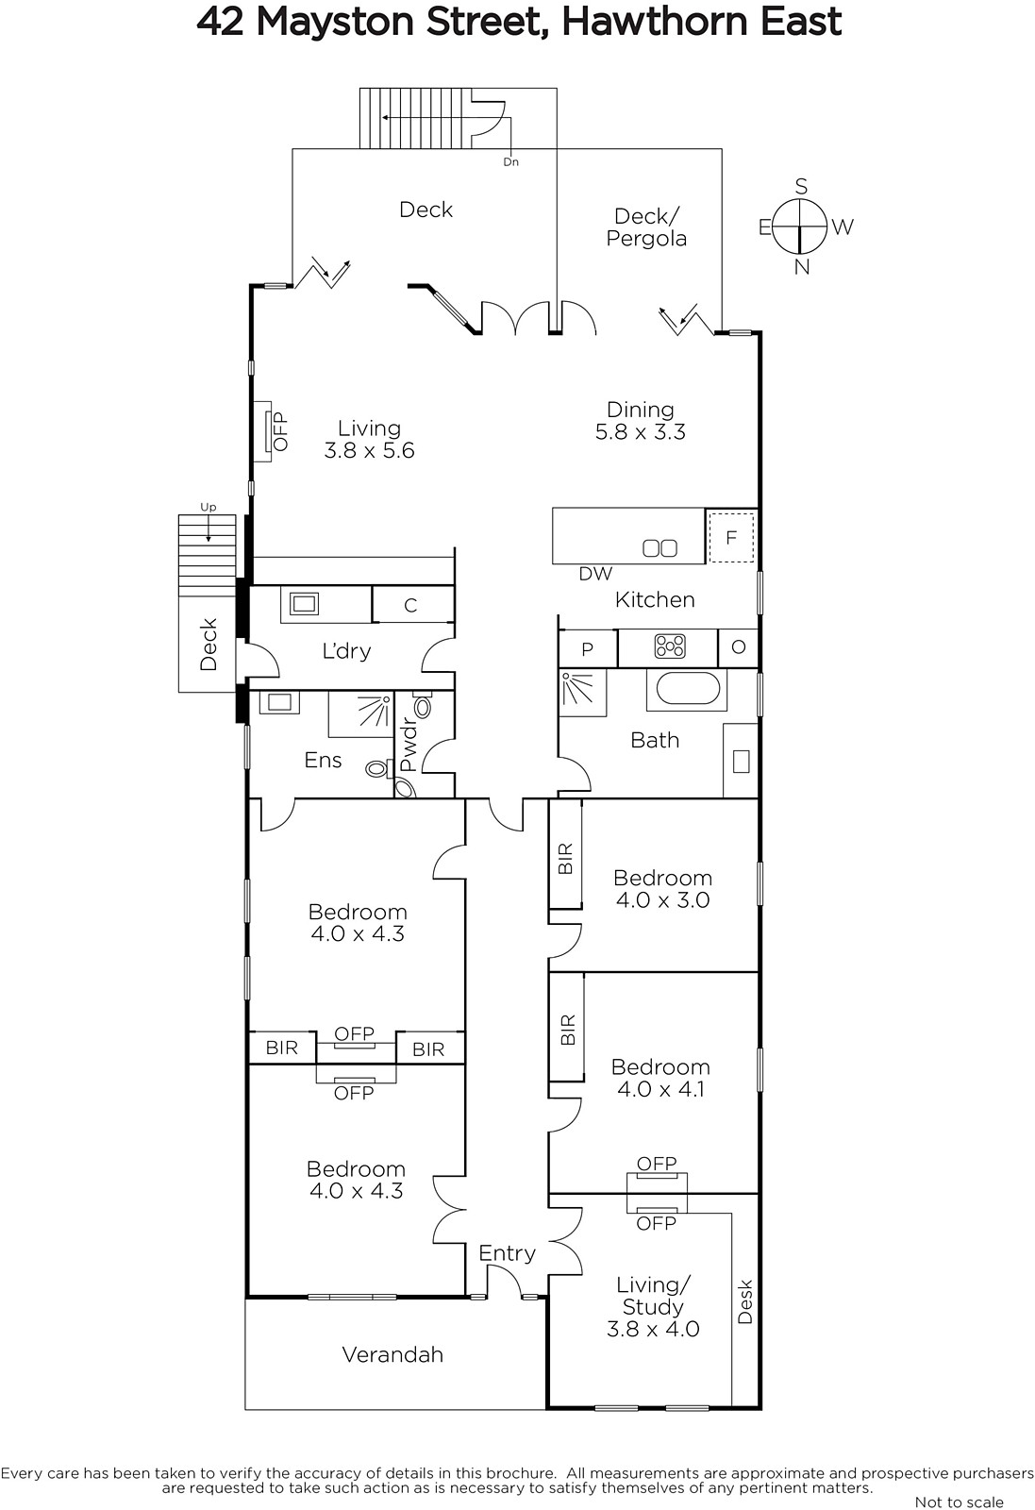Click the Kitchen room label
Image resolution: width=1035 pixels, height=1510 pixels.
pyautogui.click(x=654, y=599)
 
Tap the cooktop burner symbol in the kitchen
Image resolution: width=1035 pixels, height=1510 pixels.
pyautogui.click(x=670, y=646)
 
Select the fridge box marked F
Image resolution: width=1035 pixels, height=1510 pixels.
pyautogui.click(x=731, y=537)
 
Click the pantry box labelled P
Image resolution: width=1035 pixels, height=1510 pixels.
pyautogui.click(x=588, y=648)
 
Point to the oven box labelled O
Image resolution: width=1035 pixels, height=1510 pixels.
pyautogui.click(x=738, y=647)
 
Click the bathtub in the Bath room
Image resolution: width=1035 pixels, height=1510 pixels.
pyautogui.click(x=687, y=689)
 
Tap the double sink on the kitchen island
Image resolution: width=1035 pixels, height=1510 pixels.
pyautogui.click(x=659, y=548)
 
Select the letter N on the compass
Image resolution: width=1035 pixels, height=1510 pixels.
pyautogui.click(x=801, y=267)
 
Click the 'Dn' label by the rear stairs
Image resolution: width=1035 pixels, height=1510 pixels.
pyautogui.click(x=510, y=161)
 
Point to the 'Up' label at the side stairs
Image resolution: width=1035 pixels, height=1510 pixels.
pyautogui.click(x=209, y=507)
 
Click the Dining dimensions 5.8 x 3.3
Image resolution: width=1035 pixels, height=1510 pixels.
pyautogui.click(x=640, y=431)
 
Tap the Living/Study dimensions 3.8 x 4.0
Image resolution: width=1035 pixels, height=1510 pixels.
pyautogui.click(x=653, y=1329)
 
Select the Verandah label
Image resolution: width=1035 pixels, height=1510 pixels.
pyautogui.click(x=392, y=1354)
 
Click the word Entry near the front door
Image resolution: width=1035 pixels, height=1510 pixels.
pyautogui.click(x=507, y=1253)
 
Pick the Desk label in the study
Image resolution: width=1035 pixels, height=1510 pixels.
pyautogui.click(x=744, y=1301)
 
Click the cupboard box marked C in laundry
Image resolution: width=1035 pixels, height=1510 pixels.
pyautogui.click(x=411, y=605)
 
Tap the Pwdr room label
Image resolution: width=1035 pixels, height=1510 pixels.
pyautogui.click(x=409, y=746)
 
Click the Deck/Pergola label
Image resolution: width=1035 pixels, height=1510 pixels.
pyautogui.click(x=646, y=227)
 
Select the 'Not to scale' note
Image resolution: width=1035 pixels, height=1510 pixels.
pyautogui.click(x=959, y=1502)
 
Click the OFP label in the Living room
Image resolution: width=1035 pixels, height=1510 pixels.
pyautogui.click(x=279, y=431)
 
